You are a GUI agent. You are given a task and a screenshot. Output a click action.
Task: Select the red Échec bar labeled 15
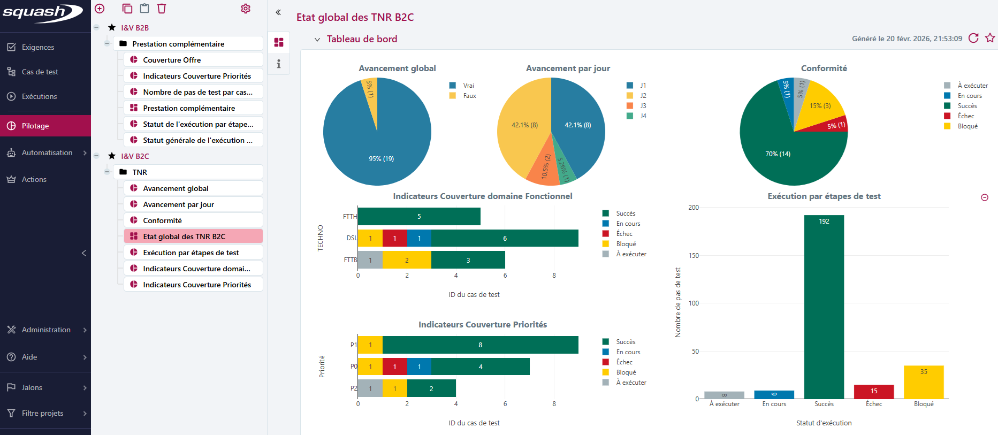click(873, 392)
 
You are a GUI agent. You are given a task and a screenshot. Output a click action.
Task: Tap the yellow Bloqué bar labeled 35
click(923, 382)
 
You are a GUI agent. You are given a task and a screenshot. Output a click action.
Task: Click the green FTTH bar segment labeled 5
click(419, 217)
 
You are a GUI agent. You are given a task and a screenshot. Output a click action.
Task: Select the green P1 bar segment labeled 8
click(480, 345)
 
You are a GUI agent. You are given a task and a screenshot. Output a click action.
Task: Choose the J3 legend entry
click(643, 106)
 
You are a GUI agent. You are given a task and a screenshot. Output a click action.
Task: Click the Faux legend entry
click(469, 96)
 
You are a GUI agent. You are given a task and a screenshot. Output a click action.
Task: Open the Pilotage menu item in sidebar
click(35, 126)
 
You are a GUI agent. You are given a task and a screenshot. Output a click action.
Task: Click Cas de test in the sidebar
click(40, 72)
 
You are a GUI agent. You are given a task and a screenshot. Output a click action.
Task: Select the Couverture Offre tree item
click(172, 60)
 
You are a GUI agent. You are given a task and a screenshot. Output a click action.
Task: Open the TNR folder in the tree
click(140, 172)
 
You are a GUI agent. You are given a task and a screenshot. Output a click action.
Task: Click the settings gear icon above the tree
click(246, 9)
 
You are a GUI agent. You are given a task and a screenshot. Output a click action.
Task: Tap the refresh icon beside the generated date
click(973, 38)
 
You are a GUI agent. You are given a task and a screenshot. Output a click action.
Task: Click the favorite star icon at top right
click(990, 38)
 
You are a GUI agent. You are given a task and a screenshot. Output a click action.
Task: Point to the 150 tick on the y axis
click(694, 256)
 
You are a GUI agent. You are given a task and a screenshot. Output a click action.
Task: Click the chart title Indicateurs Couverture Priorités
click(482, 325)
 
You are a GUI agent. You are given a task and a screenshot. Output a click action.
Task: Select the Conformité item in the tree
click(162, 220)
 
